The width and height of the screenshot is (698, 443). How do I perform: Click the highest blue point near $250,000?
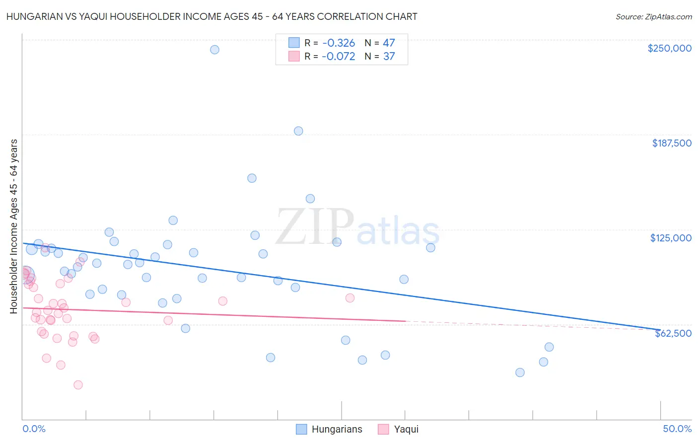pyautogui.click(x=214, y=50)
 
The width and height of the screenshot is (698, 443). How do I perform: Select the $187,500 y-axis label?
pyautogui.click(x=671, y=143)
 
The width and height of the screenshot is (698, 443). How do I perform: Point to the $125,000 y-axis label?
pyautogui.click(x=671, y=238)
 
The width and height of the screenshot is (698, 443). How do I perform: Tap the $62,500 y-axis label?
pyautogui.click(x=673, y=333)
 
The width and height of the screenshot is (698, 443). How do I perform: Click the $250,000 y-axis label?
pyautogui.click(x=669, y=48)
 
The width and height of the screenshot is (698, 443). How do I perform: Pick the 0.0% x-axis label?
pyautogui.click(x=34, y=429)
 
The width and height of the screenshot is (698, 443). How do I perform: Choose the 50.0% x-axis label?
pyautogui.click(x=677, y=429)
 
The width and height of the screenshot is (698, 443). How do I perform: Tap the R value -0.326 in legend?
pyautogui.click(x=338, y=43)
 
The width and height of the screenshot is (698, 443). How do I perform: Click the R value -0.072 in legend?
pyautogui.click(x=338, y=57)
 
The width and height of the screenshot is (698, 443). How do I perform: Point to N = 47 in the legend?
pyautogui.click(x=380, y=43)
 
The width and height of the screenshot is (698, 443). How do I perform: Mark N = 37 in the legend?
pyautogui.click(x=380, y=57)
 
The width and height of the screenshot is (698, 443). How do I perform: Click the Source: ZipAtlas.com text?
pyautogui.click(x=653, y=17)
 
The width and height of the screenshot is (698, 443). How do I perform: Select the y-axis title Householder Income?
pyautogui.click(x=14, y=226)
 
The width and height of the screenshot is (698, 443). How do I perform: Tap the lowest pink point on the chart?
pyautogui.click(x=78, y=385)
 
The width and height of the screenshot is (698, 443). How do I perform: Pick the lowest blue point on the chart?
pyautogui.click(x=520, y=372)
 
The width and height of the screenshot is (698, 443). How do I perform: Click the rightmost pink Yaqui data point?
pyautogui.click(x=350, y=298)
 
